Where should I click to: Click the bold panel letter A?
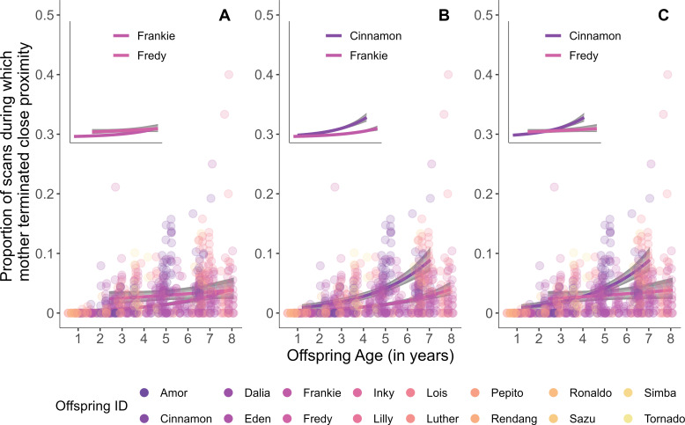coord(225,15)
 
